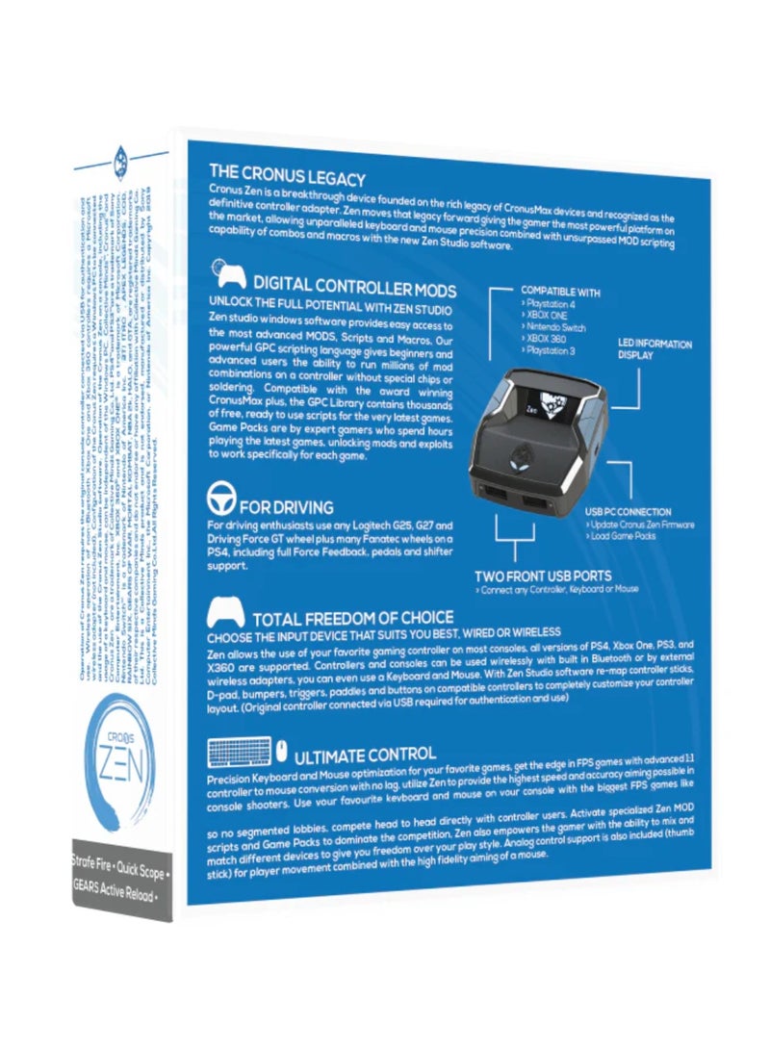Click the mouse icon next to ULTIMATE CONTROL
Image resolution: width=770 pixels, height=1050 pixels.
tap(283, 748)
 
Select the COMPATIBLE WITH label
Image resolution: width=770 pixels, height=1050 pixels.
tap(560, 290)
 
